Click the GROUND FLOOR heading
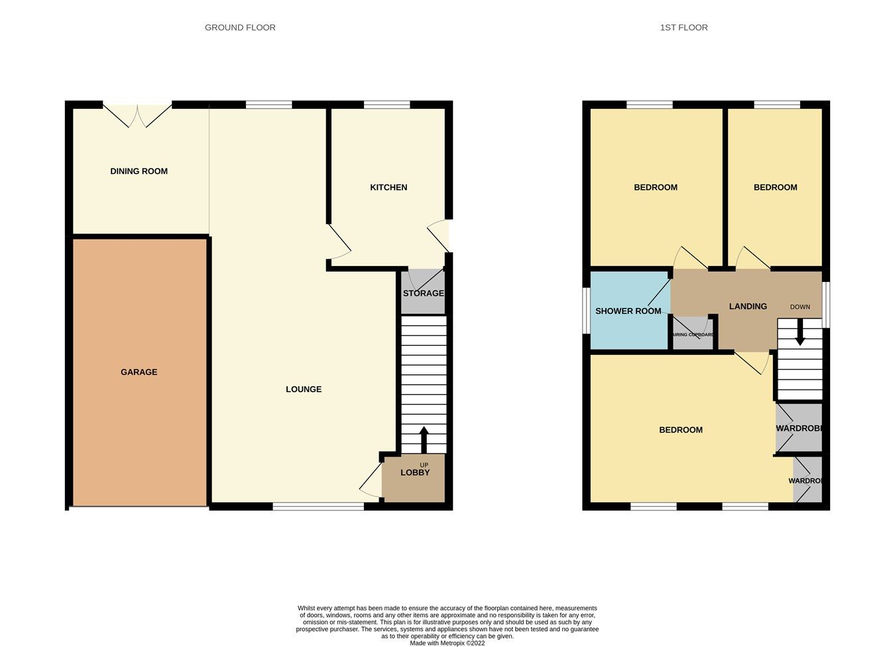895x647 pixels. tap(240, 28)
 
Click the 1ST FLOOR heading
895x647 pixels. tap(684, 28)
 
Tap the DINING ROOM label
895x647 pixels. tap(139, 171)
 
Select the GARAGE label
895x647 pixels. tap(139, 372)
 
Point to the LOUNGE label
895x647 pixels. tap(304, 390)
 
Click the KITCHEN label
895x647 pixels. tap(388, 188)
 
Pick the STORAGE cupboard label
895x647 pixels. tap(423, 293)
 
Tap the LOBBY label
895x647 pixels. tap(415, 472)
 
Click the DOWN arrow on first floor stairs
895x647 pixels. tap(800, 332)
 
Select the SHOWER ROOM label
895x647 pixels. tap(628, 311)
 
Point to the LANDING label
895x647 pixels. tap(748, 307)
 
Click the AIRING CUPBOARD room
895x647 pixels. tap(693, 334)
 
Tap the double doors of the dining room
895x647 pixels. tap(137, 115)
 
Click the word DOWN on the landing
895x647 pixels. tap(800, 307)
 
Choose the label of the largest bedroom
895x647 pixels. tap(681, 430)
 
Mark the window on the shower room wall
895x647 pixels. tap(586, 309)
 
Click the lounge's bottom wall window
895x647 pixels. tap(318, 506)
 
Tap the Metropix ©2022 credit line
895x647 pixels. tap(447, 643)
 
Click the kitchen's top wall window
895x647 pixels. tap(387, 104)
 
